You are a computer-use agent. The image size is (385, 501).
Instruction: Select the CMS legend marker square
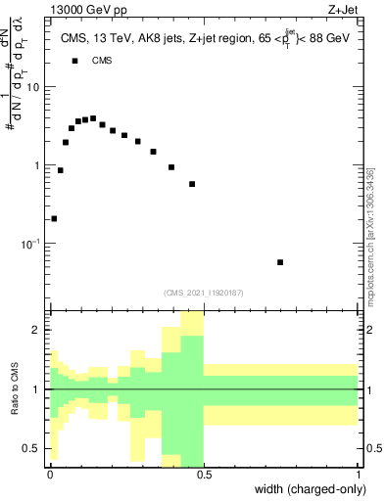(x=74, y=61)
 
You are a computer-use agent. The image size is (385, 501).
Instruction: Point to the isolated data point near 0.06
(x=280, y=262)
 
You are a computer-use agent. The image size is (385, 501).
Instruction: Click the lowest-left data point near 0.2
(x=54, y=218)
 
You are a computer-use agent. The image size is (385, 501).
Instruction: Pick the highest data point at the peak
(x=92, y=118)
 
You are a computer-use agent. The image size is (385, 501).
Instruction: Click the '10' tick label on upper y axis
(x=32, y=87)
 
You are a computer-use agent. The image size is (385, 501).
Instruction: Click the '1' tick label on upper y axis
(x=36, y=165)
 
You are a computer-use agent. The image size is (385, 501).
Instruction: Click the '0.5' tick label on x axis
(x=204, y=475)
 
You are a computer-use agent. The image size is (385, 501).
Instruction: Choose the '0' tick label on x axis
(x=50, y=475)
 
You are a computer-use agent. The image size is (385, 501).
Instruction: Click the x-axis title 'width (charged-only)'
(x=312, y=489)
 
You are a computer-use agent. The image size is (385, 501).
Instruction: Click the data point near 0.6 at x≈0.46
(x=192, y=184)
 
